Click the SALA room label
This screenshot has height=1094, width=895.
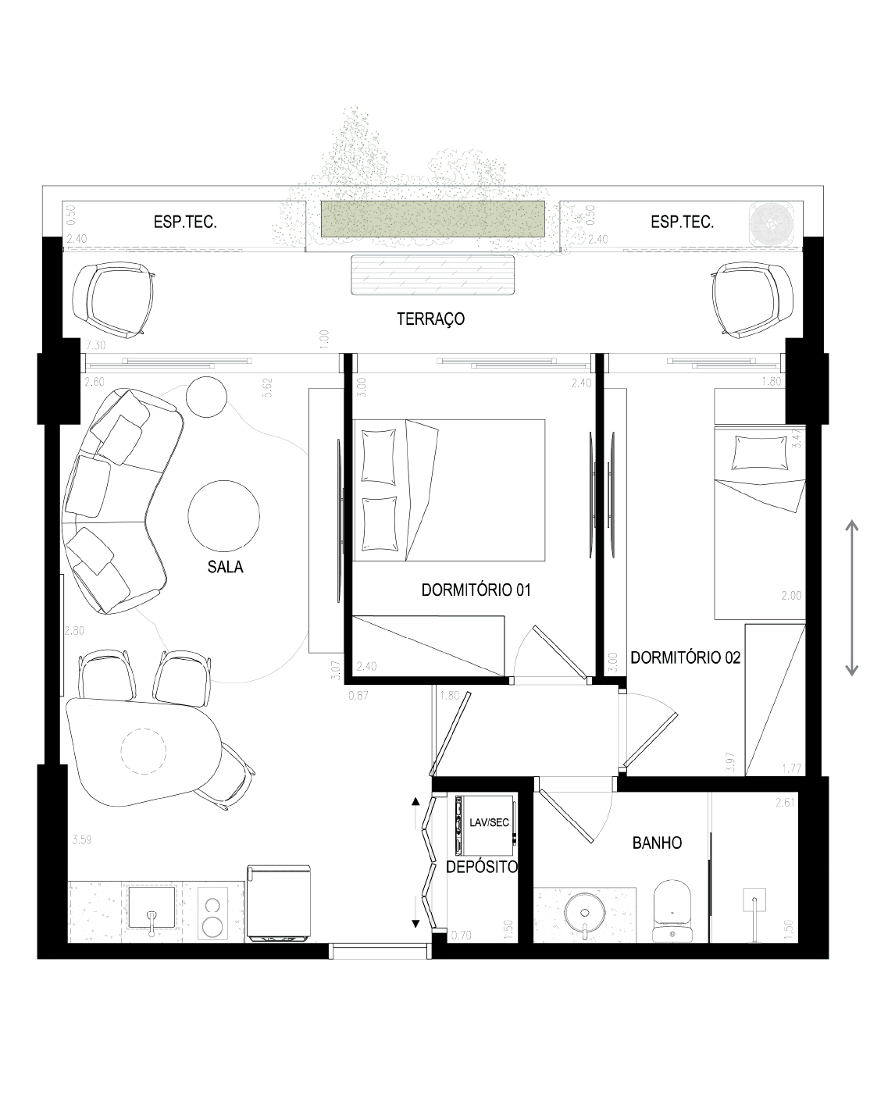coord(225,566)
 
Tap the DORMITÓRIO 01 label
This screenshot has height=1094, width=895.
coord(476,590)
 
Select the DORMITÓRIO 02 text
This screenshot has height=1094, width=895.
coord(685,657)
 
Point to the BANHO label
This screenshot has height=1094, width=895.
coord(657,843)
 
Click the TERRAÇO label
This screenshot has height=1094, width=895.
coord(430,319)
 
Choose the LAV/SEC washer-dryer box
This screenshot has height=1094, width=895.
coord(486,825)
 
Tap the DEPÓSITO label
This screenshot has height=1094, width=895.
coord(482,866)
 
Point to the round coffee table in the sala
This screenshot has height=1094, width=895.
coord(223,515)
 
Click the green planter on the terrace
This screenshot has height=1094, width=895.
coord(432,219)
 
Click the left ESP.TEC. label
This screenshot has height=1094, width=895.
coord(185,222)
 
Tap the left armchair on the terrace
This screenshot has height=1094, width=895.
coord(113,300)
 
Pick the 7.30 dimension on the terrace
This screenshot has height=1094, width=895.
coord(95,345)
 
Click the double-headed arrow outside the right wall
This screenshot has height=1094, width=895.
coord(851,598)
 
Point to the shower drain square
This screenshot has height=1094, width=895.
coord(754,899)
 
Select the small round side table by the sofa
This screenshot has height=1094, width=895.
coord(206,397)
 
